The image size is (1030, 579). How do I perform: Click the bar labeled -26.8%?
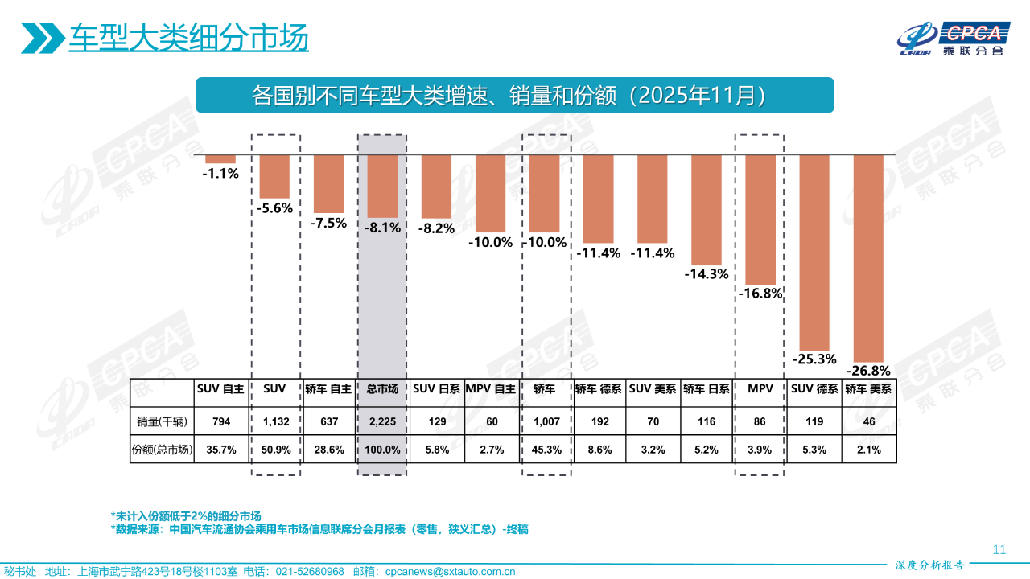pos(868,257)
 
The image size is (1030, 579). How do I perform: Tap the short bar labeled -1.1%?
pos(220,158)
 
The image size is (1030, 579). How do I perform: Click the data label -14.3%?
pos(707,273)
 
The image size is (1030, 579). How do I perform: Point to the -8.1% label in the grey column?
pos(383,228)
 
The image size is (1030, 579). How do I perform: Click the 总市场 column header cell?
pos(383,388)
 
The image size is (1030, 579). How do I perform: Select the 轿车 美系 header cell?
pos(869,388)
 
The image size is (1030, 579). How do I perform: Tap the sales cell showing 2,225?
pos(383,421)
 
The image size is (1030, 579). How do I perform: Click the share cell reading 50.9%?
pos(275,450)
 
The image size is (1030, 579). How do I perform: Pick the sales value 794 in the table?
pos(220,421)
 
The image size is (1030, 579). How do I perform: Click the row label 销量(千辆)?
pos(163,421)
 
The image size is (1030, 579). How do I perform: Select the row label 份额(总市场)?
pos(163,450)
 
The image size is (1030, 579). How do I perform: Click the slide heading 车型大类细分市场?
pos(188,39)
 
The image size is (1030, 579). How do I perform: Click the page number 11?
pos(999,550)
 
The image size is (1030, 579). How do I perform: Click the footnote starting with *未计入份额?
pos(186,515)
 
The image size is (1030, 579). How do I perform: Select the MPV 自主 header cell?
pos(491,388)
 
